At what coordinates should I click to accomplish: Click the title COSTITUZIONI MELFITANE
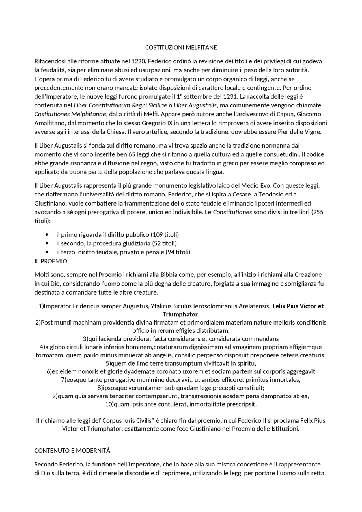(x=181, y=47)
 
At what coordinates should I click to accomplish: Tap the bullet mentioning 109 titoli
(x=117, y=234)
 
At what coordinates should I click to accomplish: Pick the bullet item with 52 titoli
(x=116, y=243)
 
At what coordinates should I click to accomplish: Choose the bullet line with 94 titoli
(x=123, y=252)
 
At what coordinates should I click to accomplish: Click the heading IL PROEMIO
(x=51, y=261)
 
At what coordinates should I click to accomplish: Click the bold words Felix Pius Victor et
(x=298, y=306)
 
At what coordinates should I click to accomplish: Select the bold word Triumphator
(x=180, y=314)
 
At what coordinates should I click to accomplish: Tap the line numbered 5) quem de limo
(x=181, y=363)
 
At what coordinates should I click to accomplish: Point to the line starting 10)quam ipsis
(x=181, y=404)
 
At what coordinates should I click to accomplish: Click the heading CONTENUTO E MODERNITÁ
(x=72, y=451)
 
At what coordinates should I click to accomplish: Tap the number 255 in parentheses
(x=318, y=212)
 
